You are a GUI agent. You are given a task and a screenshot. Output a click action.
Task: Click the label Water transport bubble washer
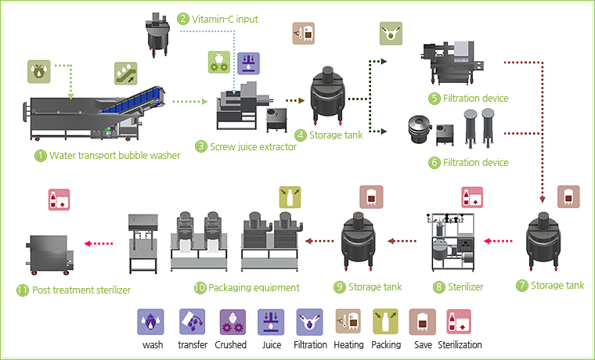(114, 155)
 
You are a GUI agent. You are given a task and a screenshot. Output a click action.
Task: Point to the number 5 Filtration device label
(474, 99)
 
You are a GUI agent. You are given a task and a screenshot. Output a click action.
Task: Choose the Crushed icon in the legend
(231, 321)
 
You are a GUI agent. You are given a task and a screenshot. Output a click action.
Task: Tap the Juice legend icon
(270, 321)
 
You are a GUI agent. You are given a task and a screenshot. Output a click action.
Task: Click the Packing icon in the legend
(386, 321)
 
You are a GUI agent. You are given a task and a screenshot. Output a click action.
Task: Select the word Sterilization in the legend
(460, 344)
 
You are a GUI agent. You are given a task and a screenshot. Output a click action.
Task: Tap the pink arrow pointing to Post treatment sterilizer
(97, 243)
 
